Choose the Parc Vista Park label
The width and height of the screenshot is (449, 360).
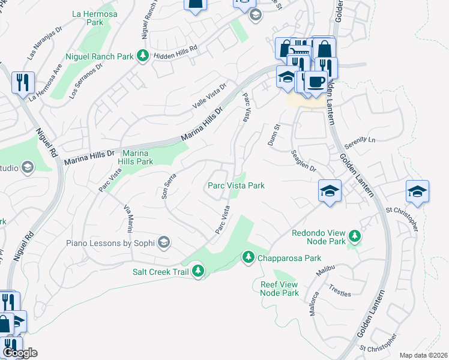click(236, 186)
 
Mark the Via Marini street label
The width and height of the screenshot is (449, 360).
click(128, 218)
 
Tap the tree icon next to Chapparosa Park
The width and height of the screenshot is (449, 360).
click(248, 257)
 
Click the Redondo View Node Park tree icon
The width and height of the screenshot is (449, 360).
click(355, 236)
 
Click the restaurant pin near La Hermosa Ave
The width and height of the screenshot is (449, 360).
click(23, 82)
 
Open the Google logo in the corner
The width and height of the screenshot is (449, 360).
click(19, 353)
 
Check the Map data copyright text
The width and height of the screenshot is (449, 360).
click(423, 355)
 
